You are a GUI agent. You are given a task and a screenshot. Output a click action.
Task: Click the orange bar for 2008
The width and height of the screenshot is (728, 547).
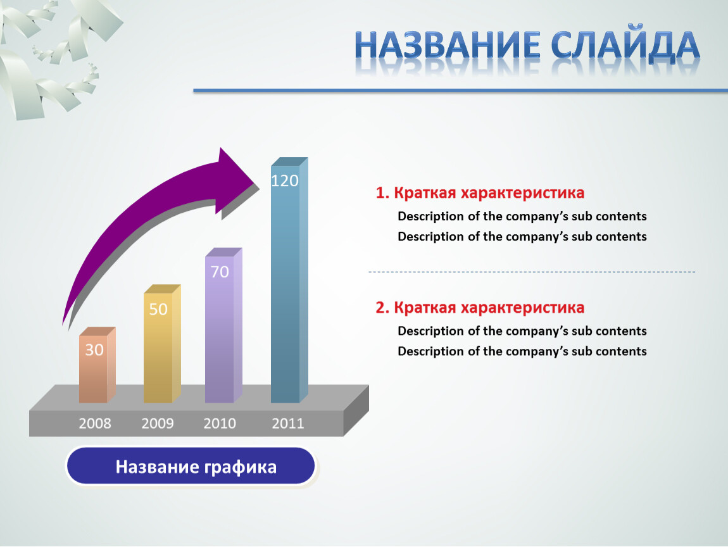[97, 365]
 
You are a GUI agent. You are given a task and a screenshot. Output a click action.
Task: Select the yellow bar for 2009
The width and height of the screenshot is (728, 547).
[162, 344]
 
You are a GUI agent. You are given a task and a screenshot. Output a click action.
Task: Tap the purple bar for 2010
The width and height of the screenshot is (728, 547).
[223, 325]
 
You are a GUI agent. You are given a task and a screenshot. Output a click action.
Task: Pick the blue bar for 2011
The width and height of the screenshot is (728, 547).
[289, 280]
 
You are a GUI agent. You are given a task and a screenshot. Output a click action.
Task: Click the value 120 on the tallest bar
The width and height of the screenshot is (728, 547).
[285, 180]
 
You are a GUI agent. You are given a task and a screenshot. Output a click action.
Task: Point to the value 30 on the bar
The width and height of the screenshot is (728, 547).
[94, 349]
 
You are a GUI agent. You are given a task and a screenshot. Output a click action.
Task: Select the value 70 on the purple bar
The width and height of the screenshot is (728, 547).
[220, 272]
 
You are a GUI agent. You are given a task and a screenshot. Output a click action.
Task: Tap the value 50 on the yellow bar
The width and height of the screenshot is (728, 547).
[158, 309]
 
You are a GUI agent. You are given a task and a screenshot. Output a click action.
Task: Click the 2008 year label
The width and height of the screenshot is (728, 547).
[95, 424]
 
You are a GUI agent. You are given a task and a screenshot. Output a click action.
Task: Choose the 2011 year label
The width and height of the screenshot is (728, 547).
[288, 424]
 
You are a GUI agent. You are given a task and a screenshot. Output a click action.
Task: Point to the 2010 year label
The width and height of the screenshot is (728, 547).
[220, 424]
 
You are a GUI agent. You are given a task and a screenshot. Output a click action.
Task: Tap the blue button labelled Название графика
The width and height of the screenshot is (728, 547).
[191, 466]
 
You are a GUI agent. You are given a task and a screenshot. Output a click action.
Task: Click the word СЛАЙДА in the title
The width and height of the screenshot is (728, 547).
[625, 46]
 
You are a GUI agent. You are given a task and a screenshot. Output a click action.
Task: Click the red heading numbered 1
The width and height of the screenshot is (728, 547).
[480, 192]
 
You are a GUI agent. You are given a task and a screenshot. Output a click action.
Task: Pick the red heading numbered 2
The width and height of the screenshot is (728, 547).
[480, 308]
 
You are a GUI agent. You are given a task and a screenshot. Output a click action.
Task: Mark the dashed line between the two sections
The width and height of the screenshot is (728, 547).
[532, 272]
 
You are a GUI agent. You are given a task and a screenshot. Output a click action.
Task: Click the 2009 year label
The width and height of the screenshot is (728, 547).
[158, 424]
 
